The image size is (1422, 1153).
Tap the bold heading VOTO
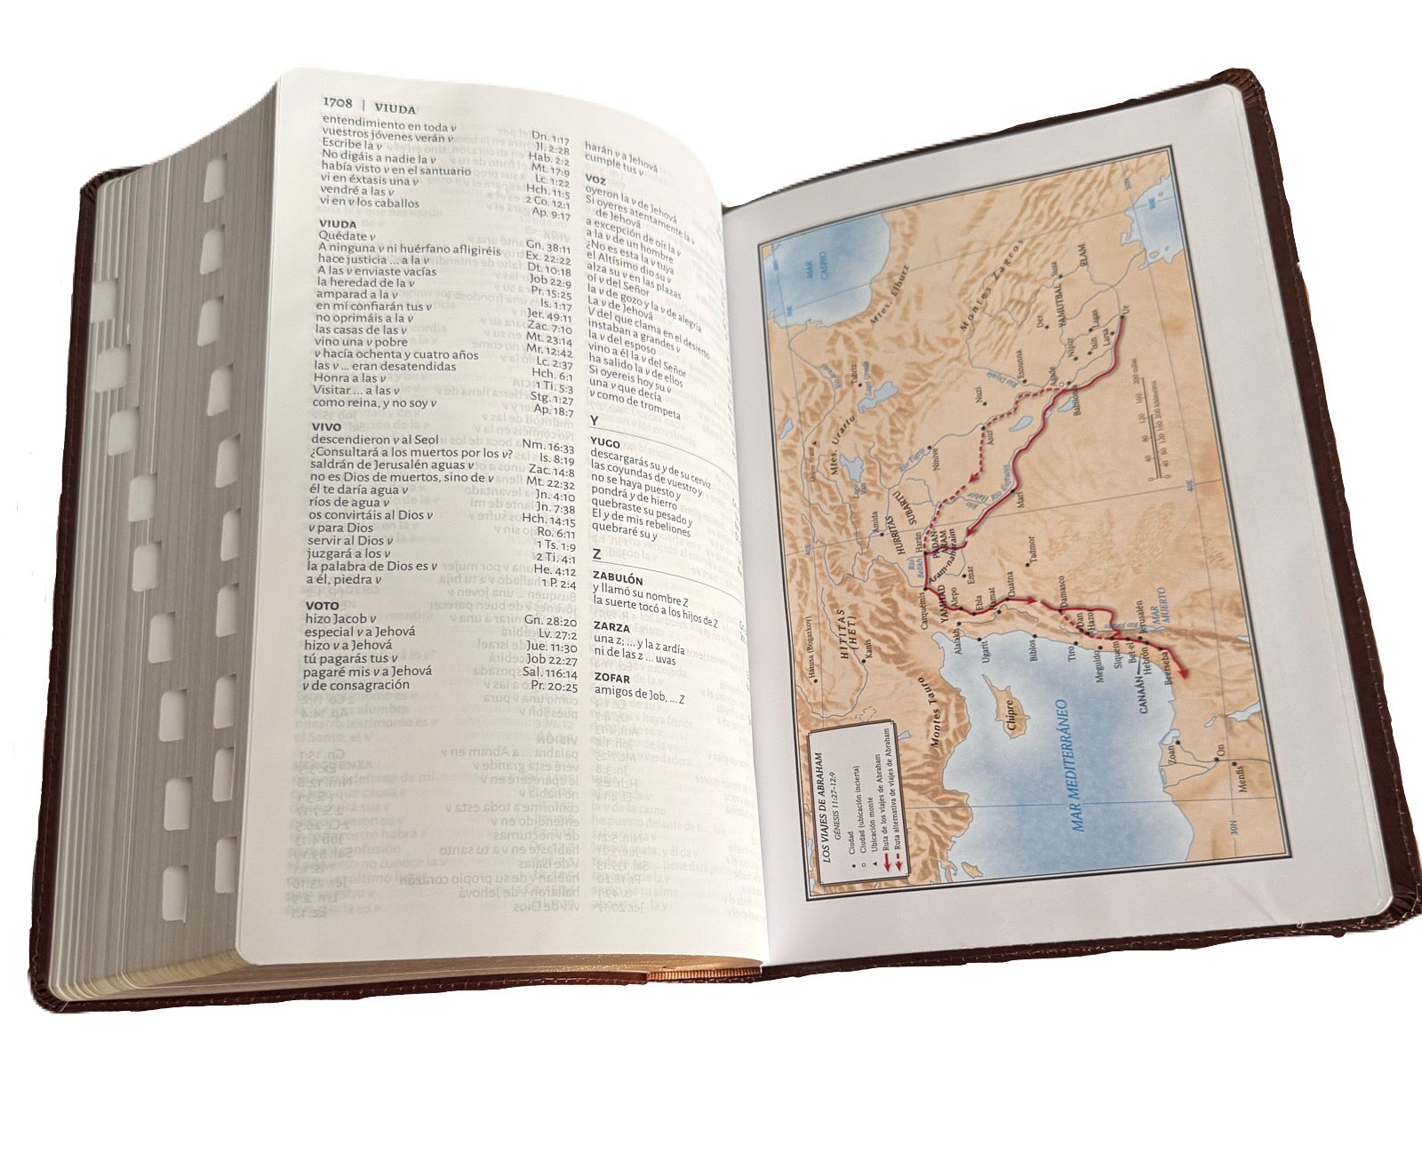click(x=323, y=606)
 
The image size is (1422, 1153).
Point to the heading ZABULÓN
click(x=618, y=579)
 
